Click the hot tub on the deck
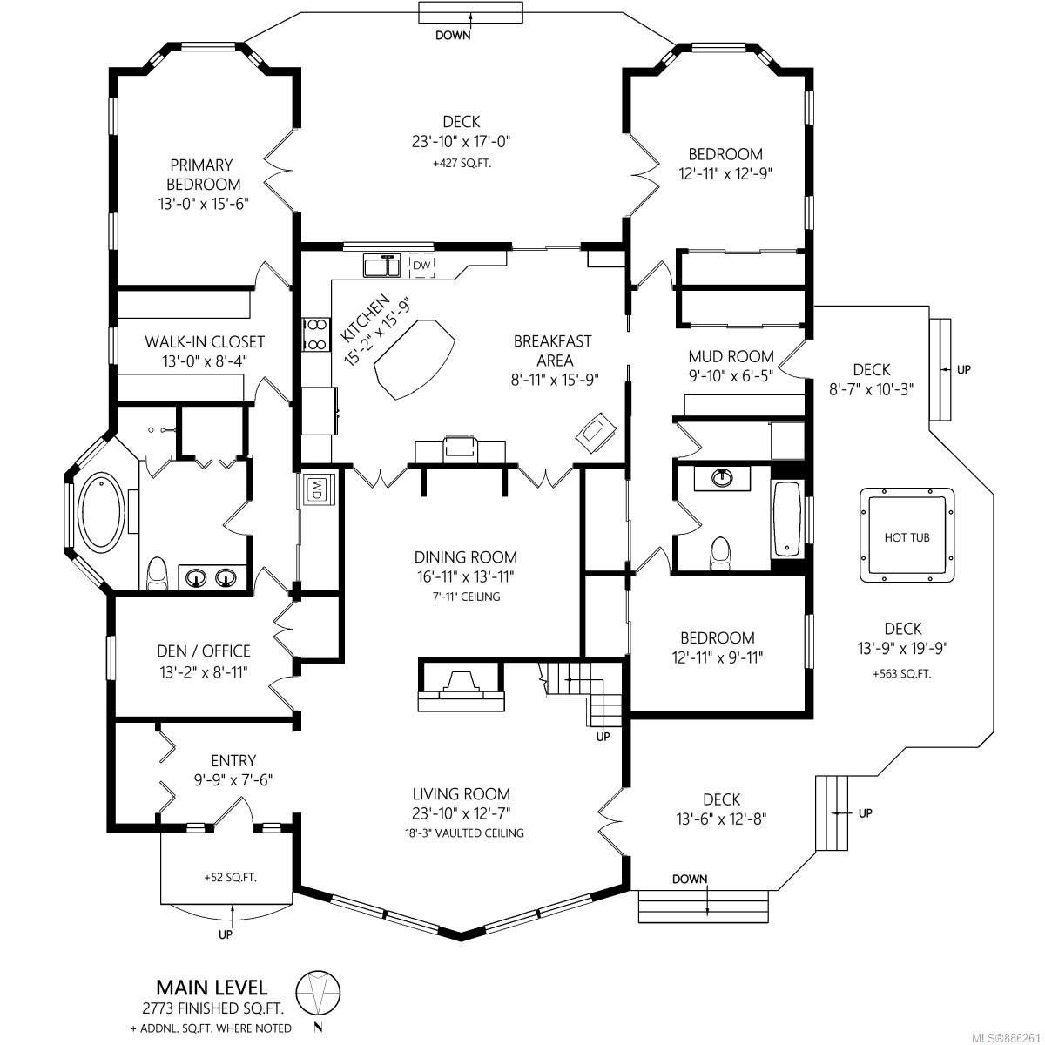pyautogui.click(x=907, y=536)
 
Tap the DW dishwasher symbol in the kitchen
pyautogui.click(x=421, y=265)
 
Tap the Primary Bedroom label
pyautogui.click(x=202, y=174)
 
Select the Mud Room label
pyautogui.click(x=731, y=356)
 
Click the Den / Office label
pyautogui.click(x=204, y=651)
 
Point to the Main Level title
pyautogui.click(x=212, y=987)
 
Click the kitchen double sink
pyautogui.click(x=381, y=265)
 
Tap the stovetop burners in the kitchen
pyautogui.click(x=314, y=334)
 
